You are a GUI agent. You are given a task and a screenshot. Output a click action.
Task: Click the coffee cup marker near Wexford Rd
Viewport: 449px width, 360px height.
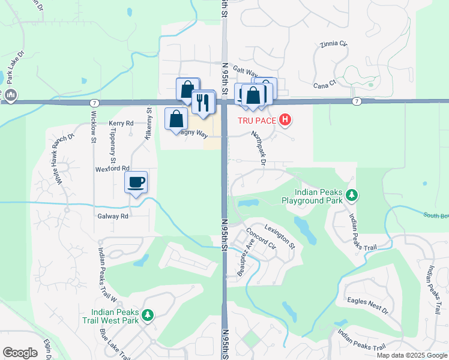point(136,181)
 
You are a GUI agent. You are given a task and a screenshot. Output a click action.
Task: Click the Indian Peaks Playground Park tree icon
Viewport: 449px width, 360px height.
point(352,195)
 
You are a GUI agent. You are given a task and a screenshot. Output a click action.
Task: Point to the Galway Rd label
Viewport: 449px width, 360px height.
point(112,216)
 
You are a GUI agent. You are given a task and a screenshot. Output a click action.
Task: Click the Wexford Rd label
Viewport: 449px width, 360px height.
point(112,169)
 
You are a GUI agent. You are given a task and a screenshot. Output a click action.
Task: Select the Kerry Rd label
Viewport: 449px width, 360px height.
point(121,123)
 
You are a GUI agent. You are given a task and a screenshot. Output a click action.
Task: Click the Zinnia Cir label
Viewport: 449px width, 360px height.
point(334,44)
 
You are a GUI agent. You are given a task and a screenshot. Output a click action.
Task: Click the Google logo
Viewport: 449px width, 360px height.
point(20,352)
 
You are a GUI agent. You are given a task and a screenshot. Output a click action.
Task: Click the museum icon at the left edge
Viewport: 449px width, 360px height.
point(10,95)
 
